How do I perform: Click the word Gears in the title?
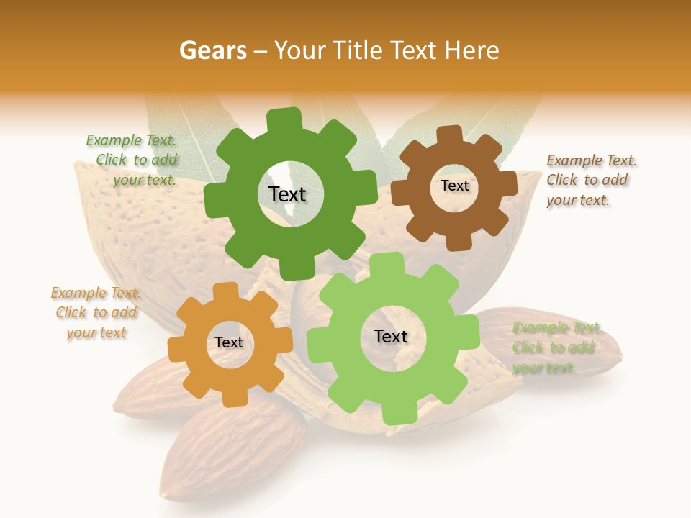pyautogui.click(x=212, y=51)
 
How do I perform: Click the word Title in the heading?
pyautogui.click(x=360, y=51)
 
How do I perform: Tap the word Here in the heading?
pyautogui.click(x=473, y=51)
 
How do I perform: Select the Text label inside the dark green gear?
pyautogui.click(x=287, y=194)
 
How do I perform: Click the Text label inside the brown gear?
pyautogui.click(x=454, y=186)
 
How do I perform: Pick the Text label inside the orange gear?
pyautogui.click(x=229, y=343)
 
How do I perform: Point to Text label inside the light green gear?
pyautogui.click(x=391, y=337)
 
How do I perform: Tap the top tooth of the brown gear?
pyautogui.click(x=451, y=136)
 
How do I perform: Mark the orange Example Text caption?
pyautogui.click(x=96, y=312)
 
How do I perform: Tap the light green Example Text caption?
pyautogui.click(x=556, y=348)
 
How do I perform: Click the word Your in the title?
pyautogui.click(x=302, y=51)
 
